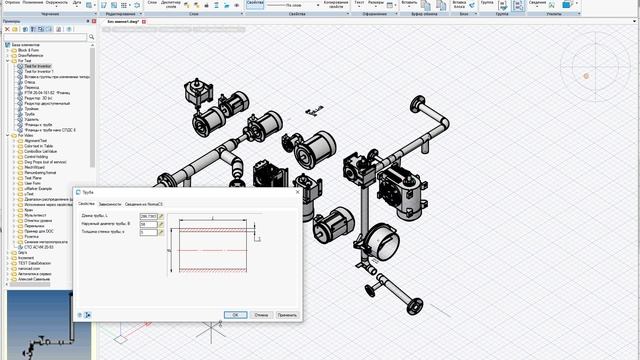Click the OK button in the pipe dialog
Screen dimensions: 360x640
click(234, 314)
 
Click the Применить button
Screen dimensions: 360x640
click(287, 314)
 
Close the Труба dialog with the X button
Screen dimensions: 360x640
click(297, 191)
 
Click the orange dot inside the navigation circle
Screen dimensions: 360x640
click(587, 76)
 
